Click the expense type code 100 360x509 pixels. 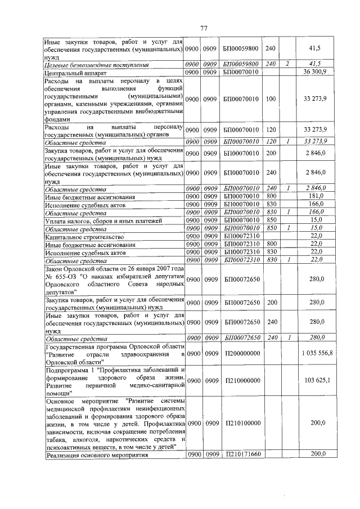[x=271, y=99]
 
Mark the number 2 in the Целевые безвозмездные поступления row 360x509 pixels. [x=287, y=64]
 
